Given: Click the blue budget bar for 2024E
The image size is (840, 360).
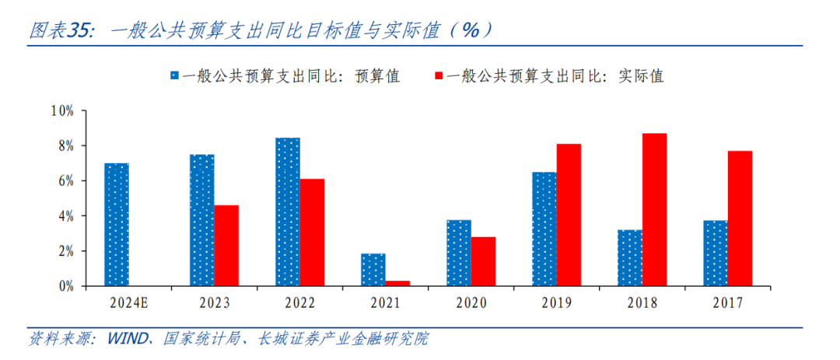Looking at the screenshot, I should click(x=117, y=225).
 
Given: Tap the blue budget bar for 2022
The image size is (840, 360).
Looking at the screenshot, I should click(x=288, y=212).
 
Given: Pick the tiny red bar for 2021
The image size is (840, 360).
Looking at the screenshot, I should click(x=397, y=283).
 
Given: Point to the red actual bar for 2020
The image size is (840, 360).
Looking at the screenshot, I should click(x=483, y=261).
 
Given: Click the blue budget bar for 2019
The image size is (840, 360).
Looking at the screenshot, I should click(x=544, y=229).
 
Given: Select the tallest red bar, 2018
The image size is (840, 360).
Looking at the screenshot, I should click(x=654, y=210).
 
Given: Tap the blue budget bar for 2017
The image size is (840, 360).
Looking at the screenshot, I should click(x=716, y=253).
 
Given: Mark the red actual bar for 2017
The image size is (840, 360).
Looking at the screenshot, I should click(x=740, y=218).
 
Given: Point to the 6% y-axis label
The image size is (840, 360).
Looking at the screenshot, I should click(x=65, y=181).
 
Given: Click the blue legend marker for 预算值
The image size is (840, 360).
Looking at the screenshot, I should click(x=175, y=76).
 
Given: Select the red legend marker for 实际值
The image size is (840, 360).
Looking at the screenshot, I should click(x=439, y=76).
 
